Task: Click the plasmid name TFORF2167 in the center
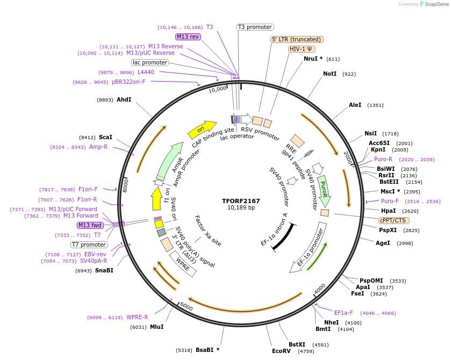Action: (240, 201)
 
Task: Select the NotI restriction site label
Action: (330, 74)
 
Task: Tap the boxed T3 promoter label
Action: (255, 27)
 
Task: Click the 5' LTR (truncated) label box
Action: (296, 39)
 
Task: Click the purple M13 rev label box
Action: (188, 37)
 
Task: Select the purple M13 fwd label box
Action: (90, 225)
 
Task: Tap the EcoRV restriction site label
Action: (281, 351)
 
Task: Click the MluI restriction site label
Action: (156, 327)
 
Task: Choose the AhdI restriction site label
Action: (124, 99)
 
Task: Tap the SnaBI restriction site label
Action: (104, 270)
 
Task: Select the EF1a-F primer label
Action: (343, 313)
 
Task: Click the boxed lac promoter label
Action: (150, 62)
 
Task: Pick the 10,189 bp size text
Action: (241, 208)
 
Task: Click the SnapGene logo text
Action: (435, 4)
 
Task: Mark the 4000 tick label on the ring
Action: (320, 289)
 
